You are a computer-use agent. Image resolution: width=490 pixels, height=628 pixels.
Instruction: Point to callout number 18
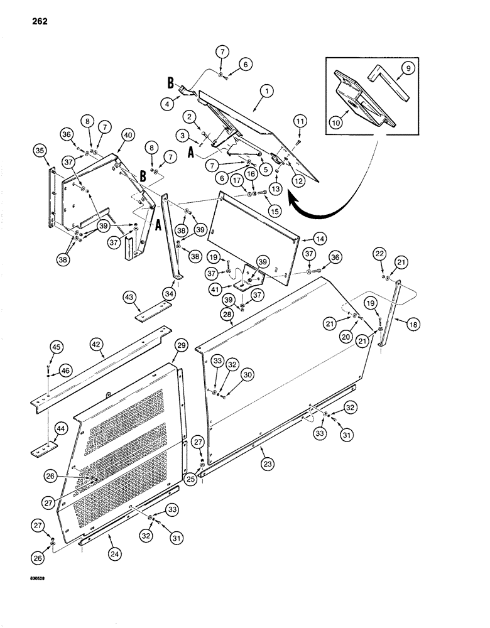(413, 324)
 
